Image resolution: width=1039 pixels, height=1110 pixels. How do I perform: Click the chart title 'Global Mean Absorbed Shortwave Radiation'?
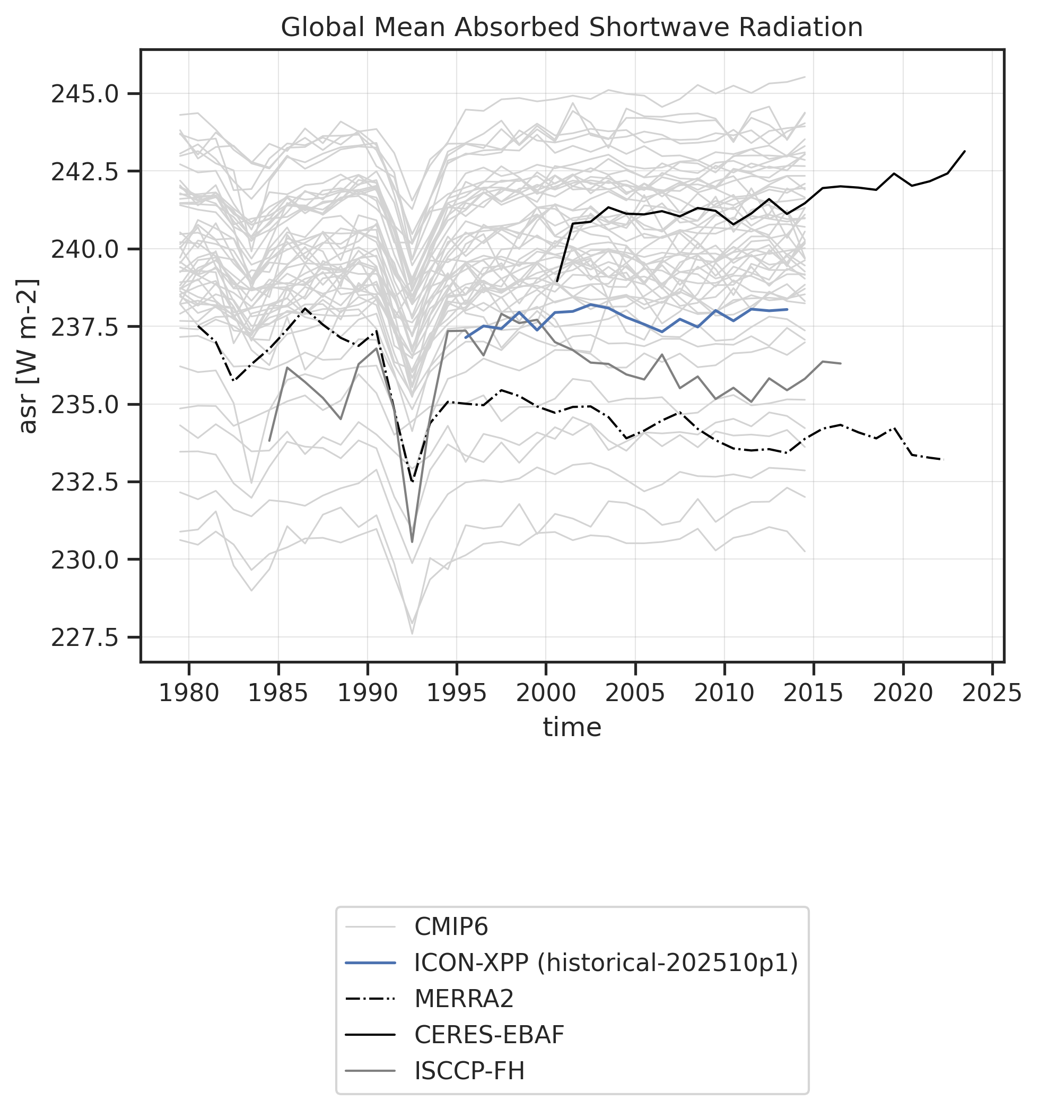[571, 28]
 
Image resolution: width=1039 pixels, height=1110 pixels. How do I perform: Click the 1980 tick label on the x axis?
[188, 694]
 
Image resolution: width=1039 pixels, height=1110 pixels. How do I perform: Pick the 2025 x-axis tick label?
[992, 694]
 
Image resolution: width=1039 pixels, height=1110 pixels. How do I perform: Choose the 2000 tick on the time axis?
[545, 694]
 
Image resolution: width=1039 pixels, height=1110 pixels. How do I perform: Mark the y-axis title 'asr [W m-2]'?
[28, 356]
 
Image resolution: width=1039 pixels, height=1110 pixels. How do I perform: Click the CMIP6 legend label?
[450, 927]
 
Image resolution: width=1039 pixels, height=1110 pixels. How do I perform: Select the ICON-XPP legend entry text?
[606, 963]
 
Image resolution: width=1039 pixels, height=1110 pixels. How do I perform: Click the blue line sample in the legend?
[371, 963]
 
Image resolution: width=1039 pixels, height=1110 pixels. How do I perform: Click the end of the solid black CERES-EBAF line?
[965, 151]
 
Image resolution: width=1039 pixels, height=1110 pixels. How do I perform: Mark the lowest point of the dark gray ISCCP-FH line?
[412, 541]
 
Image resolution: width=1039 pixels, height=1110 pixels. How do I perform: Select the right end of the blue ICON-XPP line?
[787, 309]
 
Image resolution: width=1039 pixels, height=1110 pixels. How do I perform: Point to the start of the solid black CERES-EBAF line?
[557, 281]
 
